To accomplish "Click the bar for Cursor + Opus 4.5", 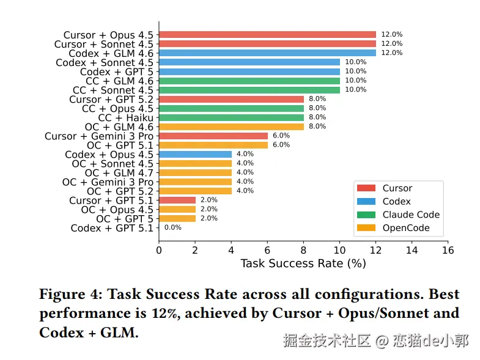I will pyautogui.click(x=267, y=35).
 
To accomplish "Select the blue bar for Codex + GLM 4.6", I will pyautogui.click(x=267, y=53).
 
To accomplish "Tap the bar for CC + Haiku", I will pyautogui.click(x=231, y=117).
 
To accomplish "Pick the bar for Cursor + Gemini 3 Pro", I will pyautogui.click(x=213, y=136).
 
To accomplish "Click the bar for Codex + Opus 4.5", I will pyautogui.click(x=195, y=154).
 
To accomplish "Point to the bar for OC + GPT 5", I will pyautogui.click(x=177, y=218).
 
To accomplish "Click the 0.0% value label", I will pyautogui.click(x=173, y=227).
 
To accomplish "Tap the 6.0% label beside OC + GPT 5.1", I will pyautogui.click(x=281, y=145).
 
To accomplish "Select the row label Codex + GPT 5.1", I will pyautogui.click(x=113, y=228).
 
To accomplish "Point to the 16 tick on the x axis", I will pyautogui.click(x=448, y=249).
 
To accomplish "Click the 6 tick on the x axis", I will pyautogui.click(x=267, y=249).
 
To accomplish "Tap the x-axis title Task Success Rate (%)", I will pyautogui.click(x=303, y=263).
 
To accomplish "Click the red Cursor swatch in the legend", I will pyautogui.click(x=366, y=188).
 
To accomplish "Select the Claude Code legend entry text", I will pyautogui.click(x=411, y=215).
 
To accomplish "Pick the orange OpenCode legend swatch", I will pyautogui.click(x=366, y=228).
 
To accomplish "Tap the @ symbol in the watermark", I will pyautogui.click(x=382, y=340).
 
